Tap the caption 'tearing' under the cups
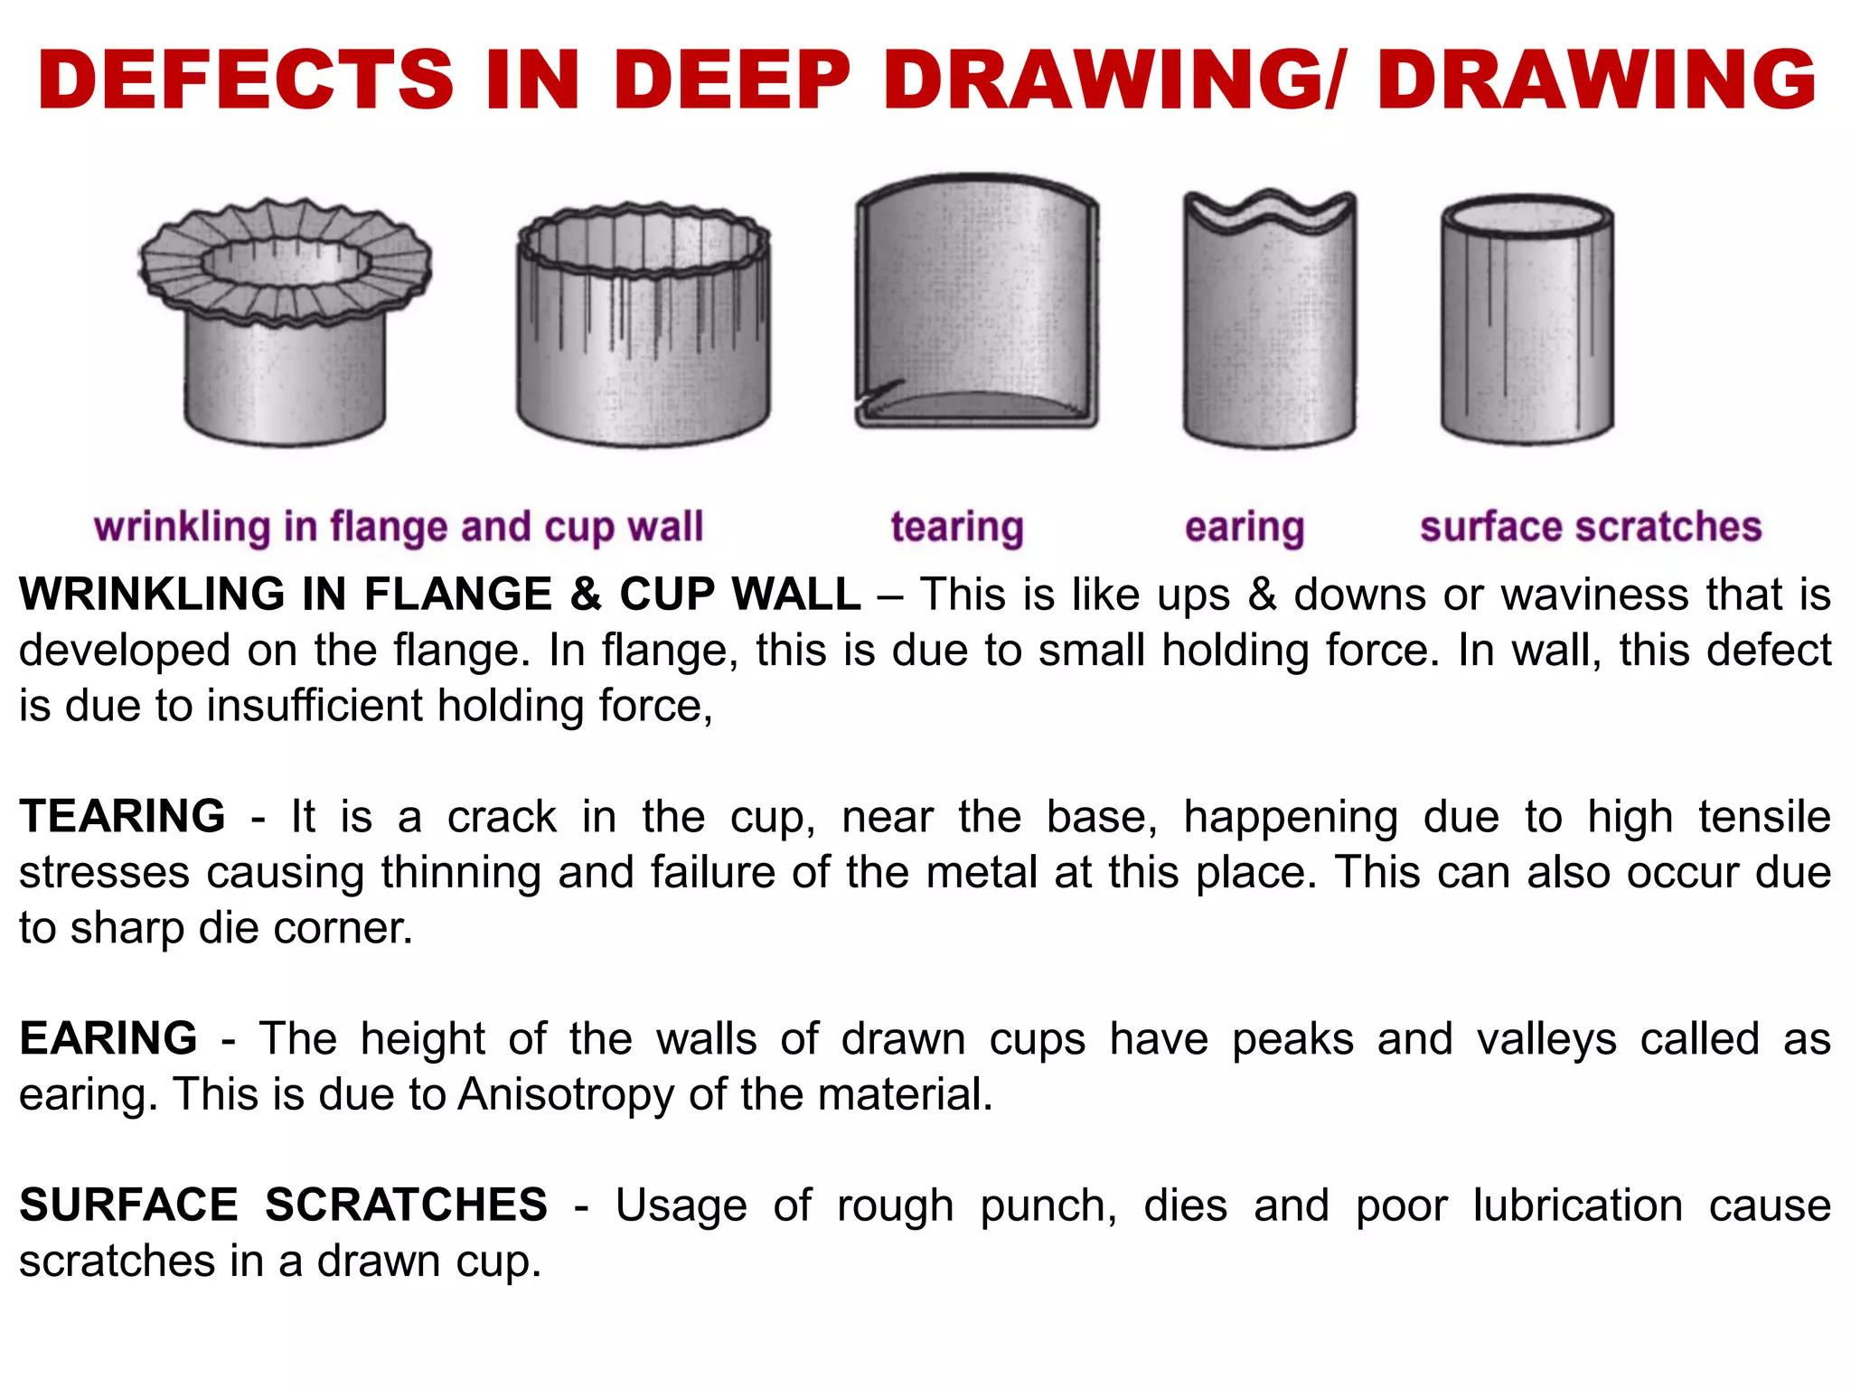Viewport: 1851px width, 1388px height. (956, 527)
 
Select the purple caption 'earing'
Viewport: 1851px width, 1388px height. (1245, 527)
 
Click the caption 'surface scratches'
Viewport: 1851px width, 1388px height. (1591, 527)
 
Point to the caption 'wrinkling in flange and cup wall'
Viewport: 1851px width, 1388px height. (398, 527)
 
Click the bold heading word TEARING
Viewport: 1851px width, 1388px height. (122, 817)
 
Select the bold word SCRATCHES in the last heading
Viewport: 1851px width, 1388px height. (406, 1205)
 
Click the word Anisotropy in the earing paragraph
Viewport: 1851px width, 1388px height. (566, 1094)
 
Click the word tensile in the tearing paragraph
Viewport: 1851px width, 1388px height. (1763, 817)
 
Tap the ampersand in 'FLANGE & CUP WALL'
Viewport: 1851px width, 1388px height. (585, 595)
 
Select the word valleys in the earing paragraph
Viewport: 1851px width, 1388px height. (1546, 1038)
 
